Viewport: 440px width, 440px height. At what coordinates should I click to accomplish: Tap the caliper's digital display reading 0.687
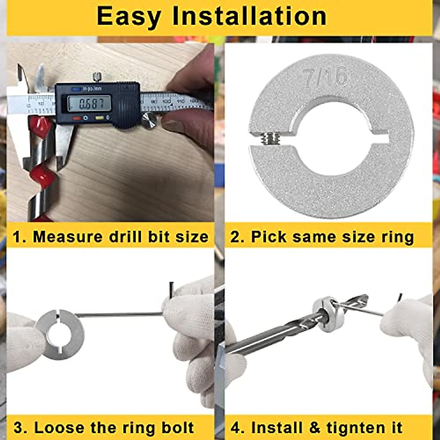tap(89, 104)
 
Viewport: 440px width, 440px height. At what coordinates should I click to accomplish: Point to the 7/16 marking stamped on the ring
tap(324, 77)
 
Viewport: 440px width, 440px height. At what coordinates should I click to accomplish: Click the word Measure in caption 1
tap(67, 237)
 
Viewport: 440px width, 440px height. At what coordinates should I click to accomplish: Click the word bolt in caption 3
tap(177, 428)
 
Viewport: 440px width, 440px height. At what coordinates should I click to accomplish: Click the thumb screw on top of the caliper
tap(97, 77)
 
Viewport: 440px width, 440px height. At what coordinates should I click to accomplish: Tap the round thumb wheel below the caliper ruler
tap(149, 121)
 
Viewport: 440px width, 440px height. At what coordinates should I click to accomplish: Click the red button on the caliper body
tap(77, 118)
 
